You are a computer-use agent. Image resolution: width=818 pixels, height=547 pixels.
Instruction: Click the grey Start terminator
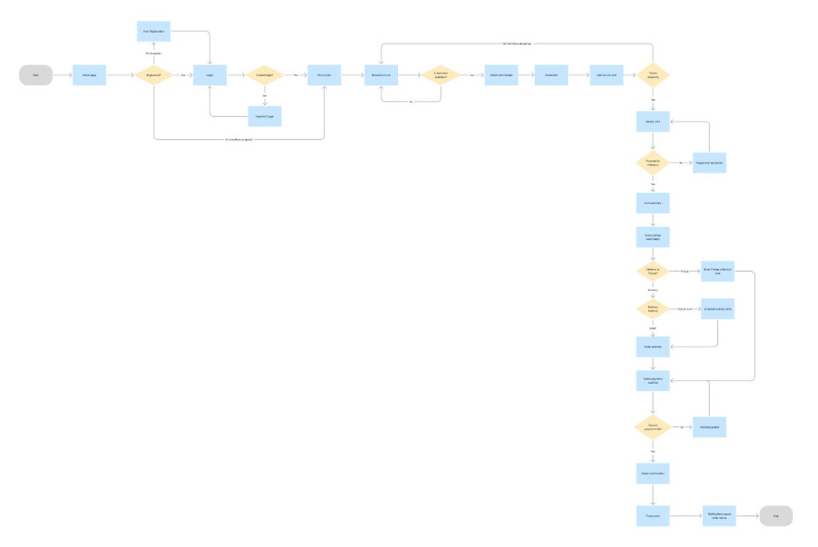tap(36, 75)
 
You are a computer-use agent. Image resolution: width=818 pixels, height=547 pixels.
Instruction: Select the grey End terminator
tap(776, 516)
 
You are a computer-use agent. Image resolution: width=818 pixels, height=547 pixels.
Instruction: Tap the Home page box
tap(89, 75)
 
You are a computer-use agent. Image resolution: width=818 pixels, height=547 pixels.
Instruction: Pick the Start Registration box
tap(153, 32)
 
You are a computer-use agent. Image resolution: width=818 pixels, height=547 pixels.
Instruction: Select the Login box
tap(210, 75)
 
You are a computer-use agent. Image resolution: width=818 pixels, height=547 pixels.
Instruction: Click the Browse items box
tap(380, 75)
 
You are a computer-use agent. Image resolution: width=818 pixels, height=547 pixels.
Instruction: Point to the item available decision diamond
tap(440, 75)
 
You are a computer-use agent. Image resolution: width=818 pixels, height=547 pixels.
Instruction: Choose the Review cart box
tap(653, 122)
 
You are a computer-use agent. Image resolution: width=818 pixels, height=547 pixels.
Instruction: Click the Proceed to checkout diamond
tap(653, 162)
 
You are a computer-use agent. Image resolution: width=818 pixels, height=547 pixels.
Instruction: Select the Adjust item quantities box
tap(709, 162)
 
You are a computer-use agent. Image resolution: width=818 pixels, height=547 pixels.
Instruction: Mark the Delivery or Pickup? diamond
tap(653, 271)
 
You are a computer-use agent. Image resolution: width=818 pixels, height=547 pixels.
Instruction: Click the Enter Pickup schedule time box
tap(717, 271)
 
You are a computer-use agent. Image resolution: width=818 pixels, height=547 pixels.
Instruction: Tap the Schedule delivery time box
tap(717, 309)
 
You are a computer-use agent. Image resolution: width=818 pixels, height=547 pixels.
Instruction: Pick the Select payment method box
tap(653, 380)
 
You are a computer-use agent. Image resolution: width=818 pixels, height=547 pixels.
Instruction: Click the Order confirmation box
tap(653, 473)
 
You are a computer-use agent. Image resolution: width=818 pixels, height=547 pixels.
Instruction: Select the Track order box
tap(653, 516)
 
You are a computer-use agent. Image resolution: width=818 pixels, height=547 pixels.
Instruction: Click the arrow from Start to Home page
tap(62, 75)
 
